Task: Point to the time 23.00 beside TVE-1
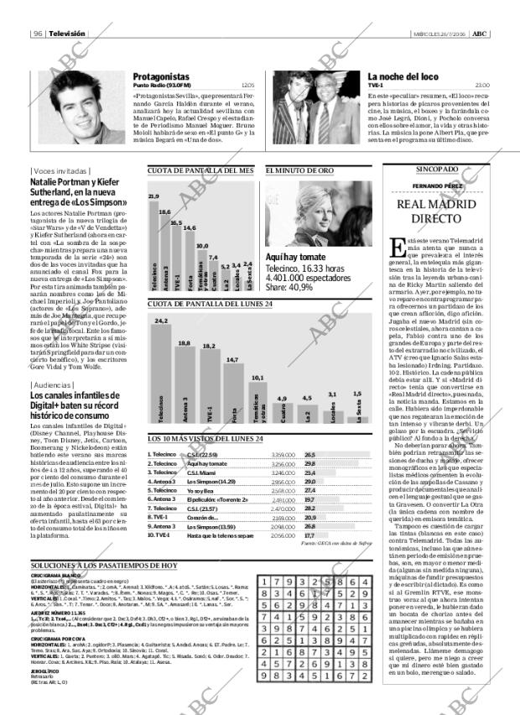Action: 482,86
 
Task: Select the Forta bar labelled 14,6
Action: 190,261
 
